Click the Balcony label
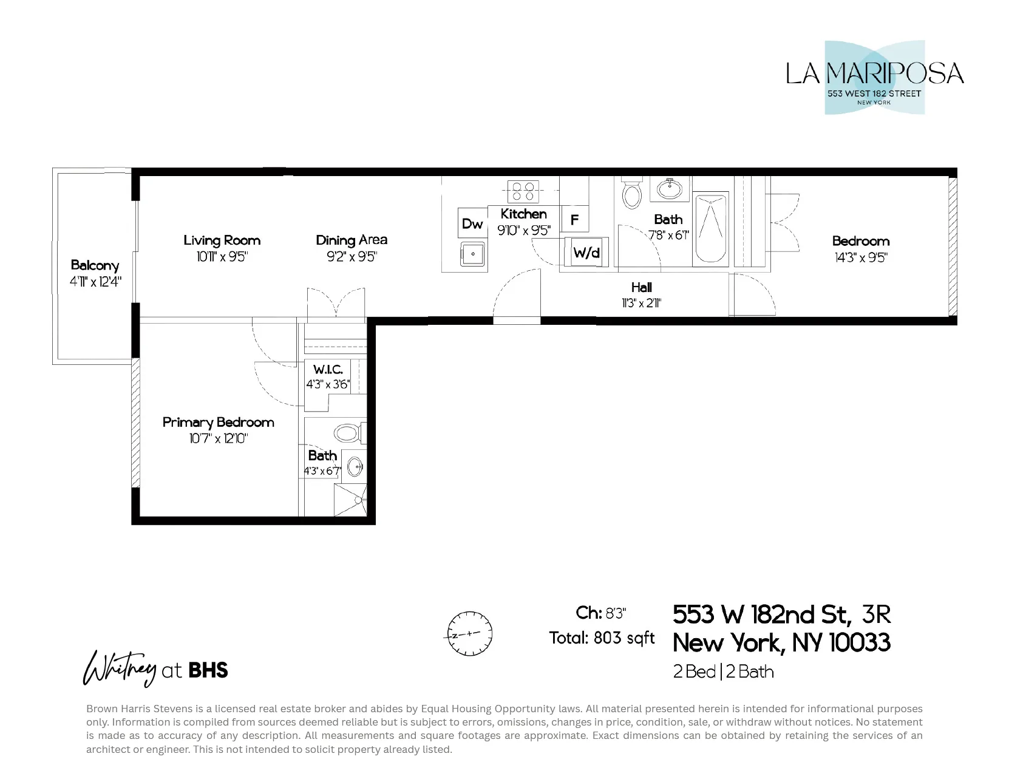[x=95, y=265]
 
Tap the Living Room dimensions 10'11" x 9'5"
[x=222, y=257]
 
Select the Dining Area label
[x=352, y=240]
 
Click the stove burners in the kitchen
[x=523, y=191]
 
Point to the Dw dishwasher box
[x=472, y=223]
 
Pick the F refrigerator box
[x=574, y=220]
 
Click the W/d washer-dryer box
[x=586, y=252]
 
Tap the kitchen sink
[x=472, y=254]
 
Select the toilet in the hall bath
[x=632, y=193]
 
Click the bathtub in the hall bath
[x=710, y=228]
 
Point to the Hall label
[x=641, y=287]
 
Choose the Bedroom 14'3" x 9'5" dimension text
[x=861, y=257]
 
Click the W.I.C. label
[x=328, y=369]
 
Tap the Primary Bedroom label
[x=218, y=422]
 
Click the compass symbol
[x=469, y=633]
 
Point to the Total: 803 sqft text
[x=602, y=638]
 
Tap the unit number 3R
[x=876, y=614]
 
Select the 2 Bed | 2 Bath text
[x=723, y=672]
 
